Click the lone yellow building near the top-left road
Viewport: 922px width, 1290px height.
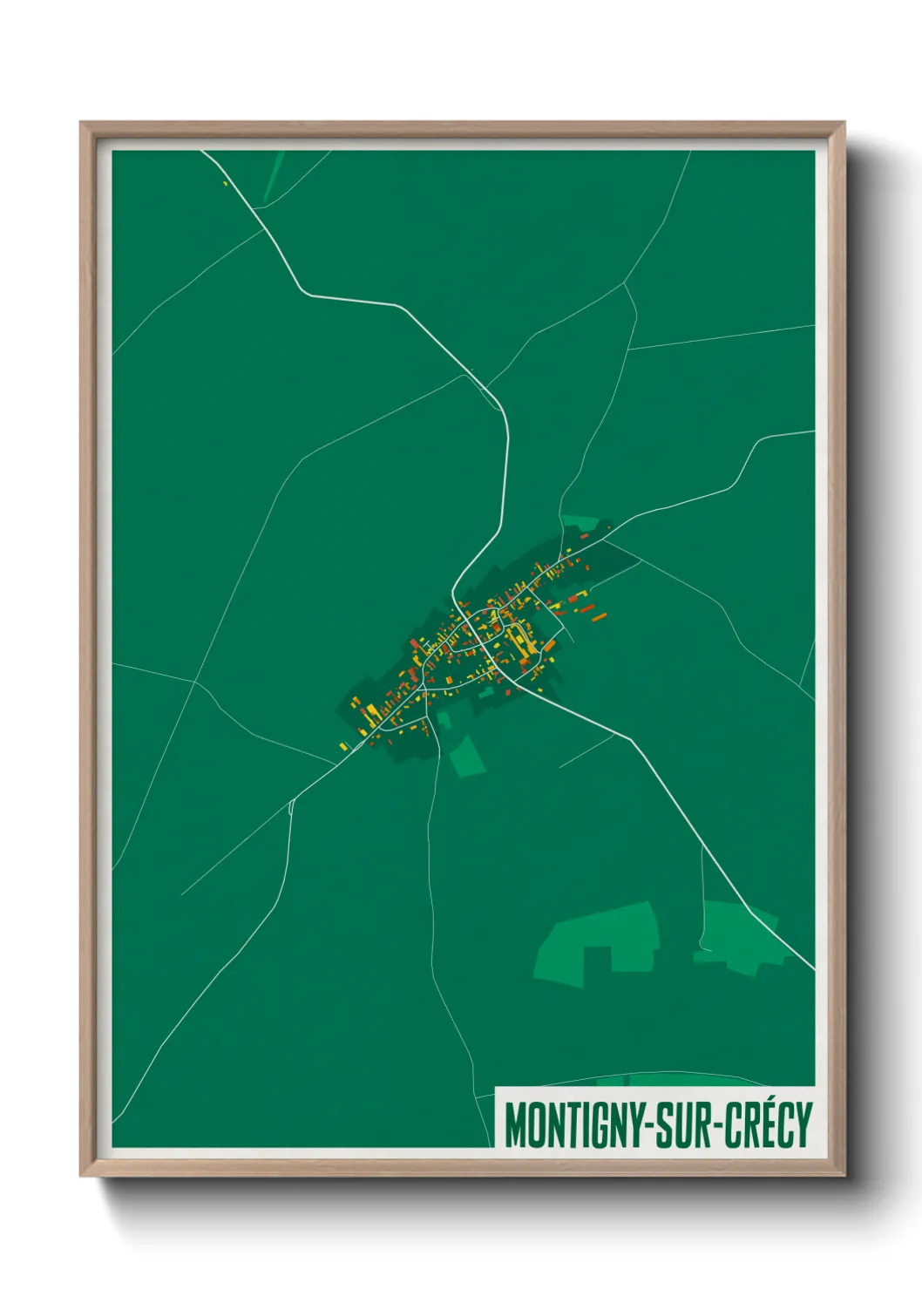(225, 183)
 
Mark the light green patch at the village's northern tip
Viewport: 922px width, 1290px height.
(580, 522)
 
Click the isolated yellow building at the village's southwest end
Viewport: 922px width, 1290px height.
(342, 745)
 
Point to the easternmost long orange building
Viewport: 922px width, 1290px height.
(599, 618)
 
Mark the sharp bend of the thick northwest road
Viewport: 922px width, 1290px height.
(302, 291)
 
